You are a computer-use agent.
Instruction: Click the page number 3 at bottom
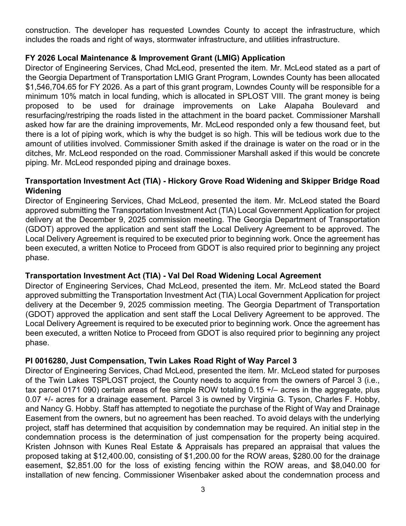[203, 490]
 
